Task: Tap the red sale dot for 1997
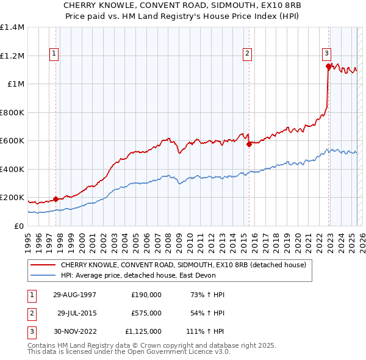pyautogui.click(x=56, y=199)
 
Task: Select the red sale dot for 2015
pyautogui.click(x=249, y=145)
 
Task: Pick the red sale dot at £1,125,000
pyautogui.click(x=328, y=67)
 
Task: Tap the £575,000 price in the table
pyautogui.click(x=146, y=313)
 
